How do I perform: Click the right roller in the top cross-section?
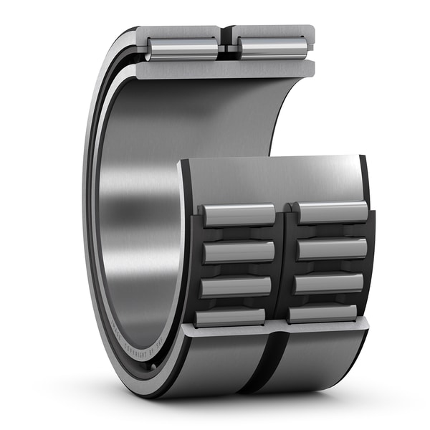(274, 47)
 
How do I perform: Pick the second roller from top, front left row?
(238, 252)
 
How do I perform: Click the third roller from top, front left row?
(236, 286)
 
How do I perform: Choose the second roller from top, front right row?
(330, 248)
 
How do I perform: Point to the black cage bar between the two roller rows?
(285, 265)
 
